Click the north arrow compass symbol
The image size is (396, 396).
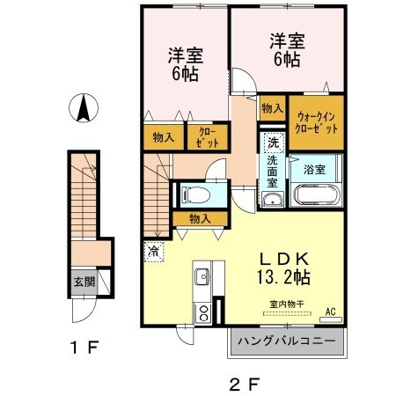tap(84, 109)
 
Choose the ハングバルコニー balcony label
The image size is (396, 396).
tap(282, 341)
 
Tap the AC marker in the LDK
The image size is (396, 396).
tap(331, 312)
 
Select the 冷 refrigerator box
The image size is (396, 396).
tap(153, 251)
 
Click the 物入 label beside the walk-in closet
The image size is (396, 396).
tap(272, 108)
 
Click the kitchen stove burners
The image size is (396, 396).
tap(203, 312)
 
